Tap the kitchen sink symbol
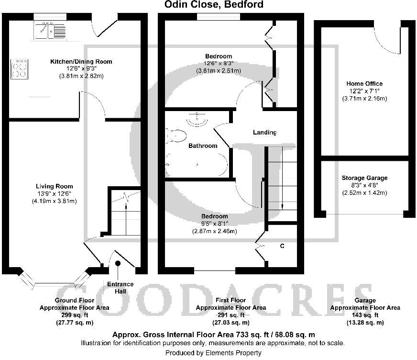[50, 30]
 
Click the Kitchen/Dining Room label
[81, 61]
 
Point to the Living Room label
[55, 186]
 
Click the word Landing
[265, 133]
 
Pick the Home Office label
[364, 84]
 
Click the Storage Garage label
[364, 178]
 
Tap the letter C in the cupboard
[282, 246]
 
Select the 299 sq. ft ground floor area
[74, 315]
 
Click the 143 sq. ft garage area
[364, 315]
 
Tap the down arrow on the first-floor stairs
[282, 206]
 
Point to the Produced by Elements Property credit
[213, 353]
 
